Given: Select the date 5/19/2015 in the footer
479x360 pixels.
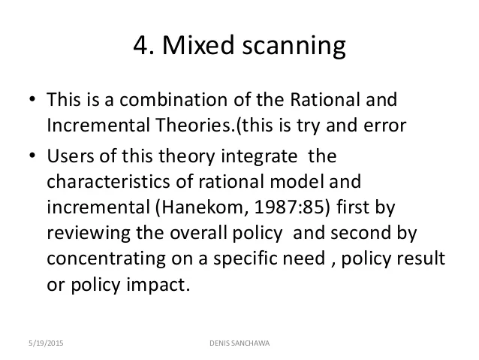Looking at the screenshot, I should [46, 343].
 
